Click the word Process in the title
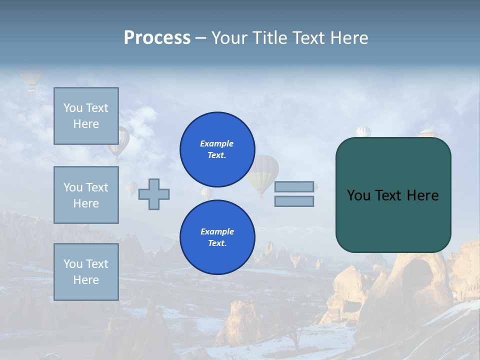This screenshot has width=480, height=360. pos(157,38)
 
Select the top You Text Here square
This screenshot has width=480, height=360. pos(86,116)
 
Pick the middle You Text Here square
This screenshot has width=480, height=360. pos(86,195)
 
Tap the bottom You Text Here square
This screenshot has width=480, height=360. pos(86,272)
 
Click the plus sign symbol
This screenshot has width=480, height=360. pos(154,194)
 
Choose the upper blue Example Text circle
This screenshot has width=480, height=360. pos(217,149)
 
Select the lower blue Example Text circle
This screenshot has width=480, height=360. pos(217,237)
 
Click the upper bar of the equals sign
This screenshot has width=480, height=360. pos(294,186)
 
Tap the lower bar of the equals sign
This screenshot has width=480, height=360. pos(294,201)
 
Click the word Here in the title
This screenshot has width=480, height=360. pos(348,38)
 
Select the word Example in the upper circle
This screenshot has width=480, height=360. pos(217,143)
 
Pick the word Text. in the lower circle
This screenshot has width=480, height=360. pos(217,243)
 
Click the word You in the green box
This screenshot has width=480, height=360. pos(358,195)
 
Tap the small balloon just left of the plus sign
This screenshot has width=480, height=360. pos(131,188)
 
